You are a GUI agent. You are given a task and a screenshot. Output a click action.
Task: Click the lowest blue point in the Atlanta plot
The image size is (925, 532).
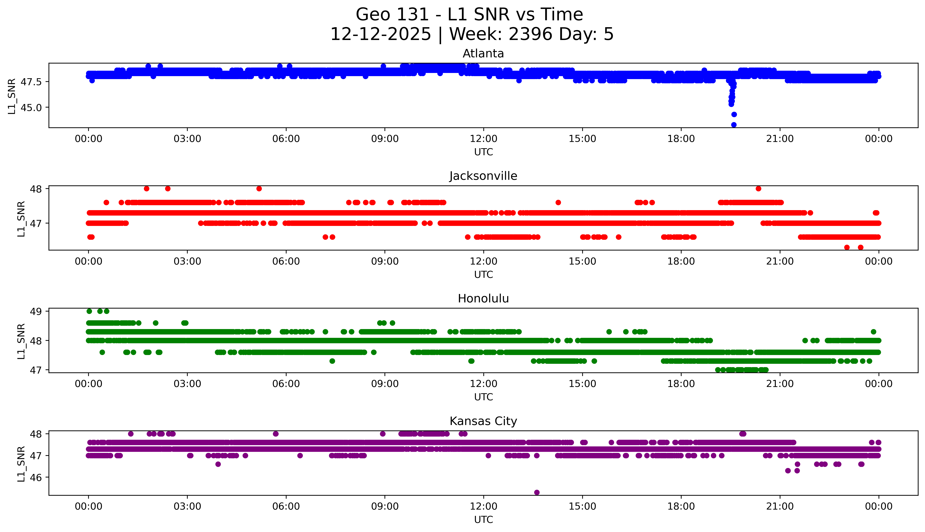pyautogui.click(x=734, y=125)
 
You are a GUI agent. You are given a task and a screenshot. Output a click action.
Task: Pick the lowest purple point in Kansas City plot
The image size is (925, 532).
pyautogui.click(x=537, y=492)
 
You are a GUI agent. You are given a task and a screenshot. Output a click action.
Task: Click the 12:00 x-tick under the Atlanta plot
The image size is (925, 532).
pyautogui.click(x=483, y=139)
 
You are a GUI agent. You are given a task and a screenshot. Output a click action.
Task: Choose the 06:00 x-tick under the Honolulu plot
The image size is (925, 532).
pyautogui.click(x=286, y=384)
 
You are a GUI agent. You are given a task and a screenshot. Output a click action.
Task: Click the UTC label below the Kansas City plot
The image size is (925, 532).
pyautogui.click(x=483, y=519)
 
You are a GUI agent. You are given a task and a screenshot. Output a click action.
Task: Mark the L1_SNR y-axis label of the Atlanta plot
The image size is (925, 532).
pyautogui.click(x=12, y=96)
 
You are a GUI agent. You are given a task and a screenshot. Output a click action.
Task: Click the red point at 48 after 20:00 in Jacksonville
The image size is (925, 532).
pyautogui.click(x=758, y=189)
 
